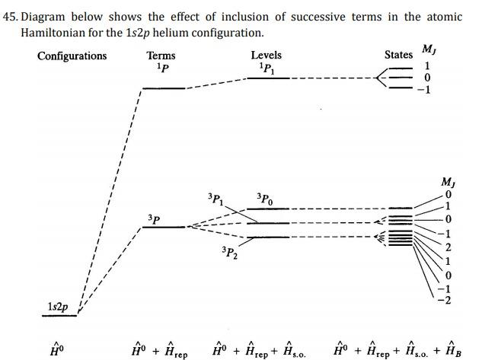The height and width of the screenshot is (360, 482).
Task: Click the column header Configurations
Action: pyautogui.click(x=72, y=56)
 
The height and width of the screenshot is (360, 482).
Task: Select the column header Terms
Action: pyautogui.click(x=161, y=56)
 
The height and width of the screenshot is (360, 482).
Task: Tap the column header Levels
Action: pyautogui.click(x=266, y=56)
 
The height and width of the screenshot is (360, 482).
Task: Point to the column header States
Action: pyautogui.click(x=398, y=55)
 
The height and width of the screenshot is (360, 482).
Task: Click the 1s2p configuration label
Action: pyautogui.click(x=57, y=307)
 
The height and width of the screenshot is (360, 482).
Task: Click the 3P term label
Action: pyautogui.click(x=155, y=218)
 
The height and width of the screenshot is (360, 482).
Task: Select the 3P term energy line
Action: pyautogui.click(x=164, y=227)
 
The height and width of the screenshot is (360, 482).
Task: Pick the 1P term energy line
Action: pyautogui.click(x=164, y=88)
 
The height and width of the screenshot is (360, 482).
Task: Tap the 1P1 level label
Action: pyautogui.click(x=267, y=68)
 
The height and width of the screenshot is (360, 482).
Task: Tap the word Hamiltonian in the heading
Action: pyautogui.click(x=52, y=33)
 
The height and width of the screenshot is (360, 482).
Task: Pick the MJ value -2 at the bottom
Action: pyautogui.click(x=446, y=299)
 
